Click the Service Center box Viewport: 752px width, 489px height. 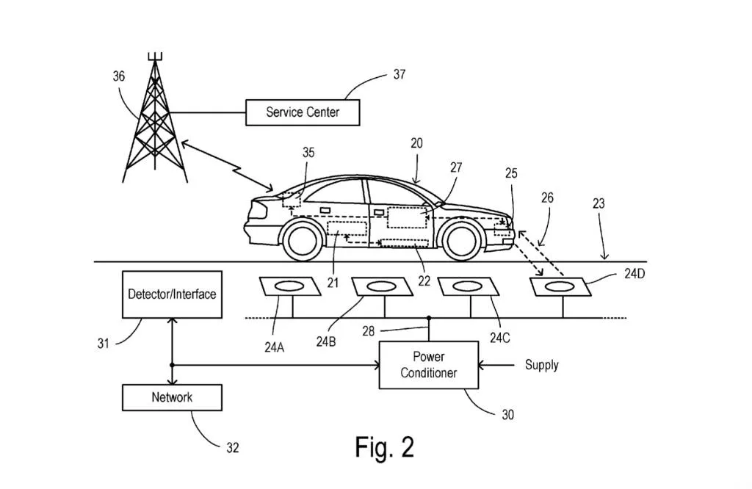pos(303,112)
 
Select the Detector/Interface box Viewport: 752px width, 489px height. pos(172,294)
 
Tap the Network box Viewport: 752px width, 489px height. pos(172,397)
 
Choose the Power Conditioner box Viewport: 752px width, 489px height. pos(428,365)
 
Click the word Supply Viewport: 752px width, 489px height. pos(541,365)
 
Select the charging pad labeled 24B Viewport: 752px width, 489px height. pos(377,286)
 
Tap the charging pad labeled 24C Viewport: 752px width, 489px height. pos(465,286)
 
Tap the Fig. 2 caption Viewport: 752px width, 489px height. pos(384,446)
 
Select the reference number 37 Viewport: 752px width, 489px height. pos(399,75)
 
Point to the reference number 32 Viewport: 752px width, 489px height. pos(232,448)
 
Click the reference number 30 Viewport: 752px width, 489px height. pos(507,415)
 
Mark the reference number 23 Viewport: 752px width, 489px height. pos(599,203)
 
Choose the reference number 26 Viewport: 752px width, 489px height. pos(547,198)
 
